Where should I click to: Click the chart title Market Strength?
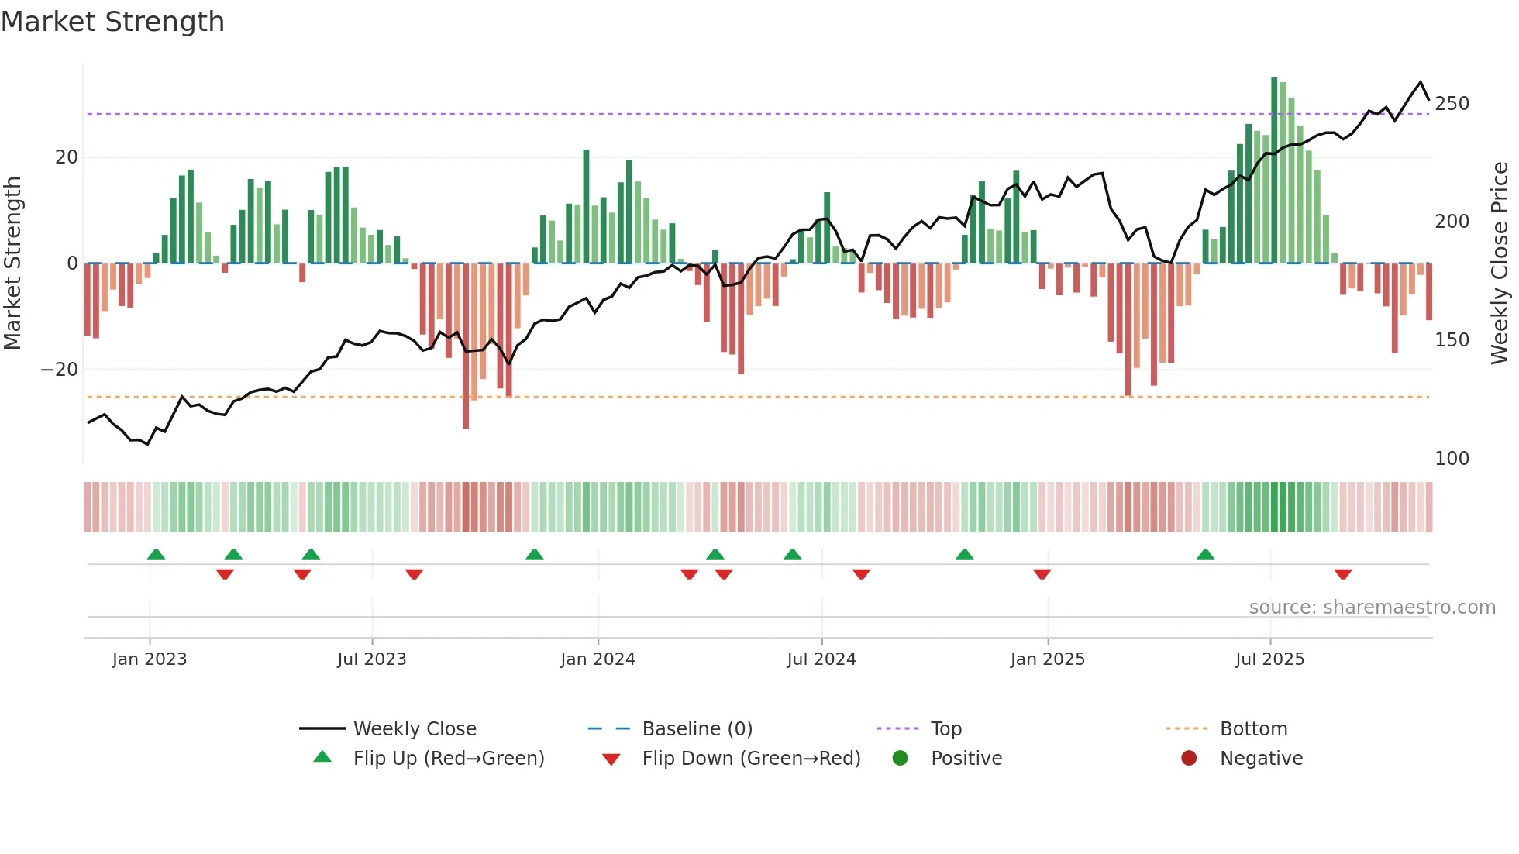[x=113, y=22]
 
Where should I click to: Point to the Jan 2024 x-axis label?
[x=598, y=659]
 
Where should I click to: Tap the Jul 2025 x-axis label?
[x=1269, y=659]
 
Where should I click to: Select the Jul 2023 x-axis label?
[x=372, y=659]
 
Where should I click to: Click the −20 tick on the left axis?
[x=60, y=370]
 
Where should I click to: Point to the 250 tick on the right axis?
[x=1452, y=104]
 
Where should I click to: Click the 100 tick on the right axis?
[x=1452, y=459]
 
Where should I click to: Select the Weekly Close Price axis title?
[x=1500, y=263]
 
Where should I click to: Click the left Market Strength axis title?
[x=13, y=263]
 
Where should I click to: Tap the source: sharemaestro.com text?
[x=1372, y=608]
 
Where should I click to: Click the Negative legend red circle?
[x=1189, y=759]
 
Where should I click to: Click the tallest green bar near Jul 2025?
[x=1274, y=170]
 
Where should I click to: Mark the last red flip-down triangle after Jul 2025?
[x=1343, y=574]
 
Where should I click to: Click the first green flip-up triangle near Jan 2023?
[x=156, y=554]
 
